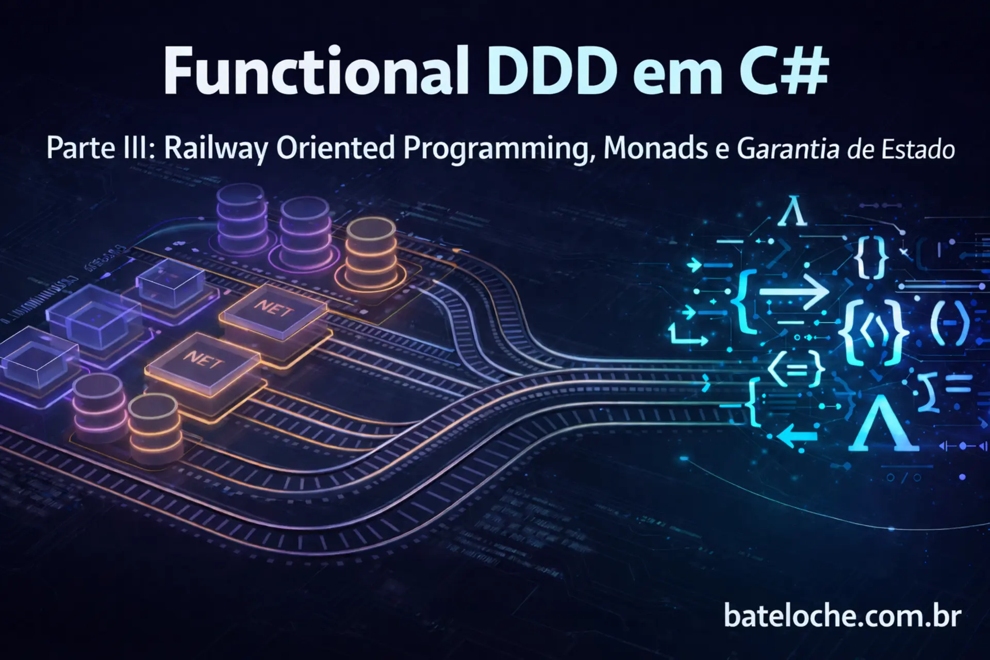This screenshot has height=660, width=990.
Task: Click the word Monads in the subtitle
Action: point(649,148)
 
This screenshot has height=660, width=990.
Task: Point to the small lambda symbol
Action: point(793,212)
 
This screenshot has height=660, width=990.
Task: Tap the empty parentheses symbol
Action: point(950,324)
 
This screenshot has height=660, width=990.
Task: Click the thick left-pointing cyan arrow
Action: point(797,436)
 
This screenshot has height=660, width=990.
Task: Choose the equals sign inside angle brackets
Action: point(796,368)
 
